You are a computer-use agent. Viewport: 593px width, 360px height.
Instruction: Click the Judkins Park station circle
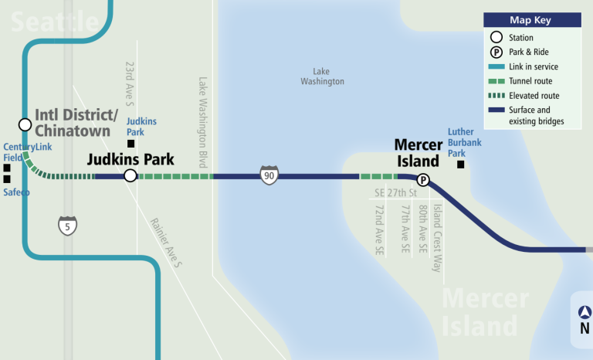(130, 176)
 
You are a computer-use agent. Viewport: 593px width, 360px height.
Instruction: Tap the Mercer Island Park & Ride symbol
(423, 181)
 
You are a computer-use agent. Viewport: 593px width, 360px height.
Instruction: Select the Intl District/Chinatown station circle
(25, 124)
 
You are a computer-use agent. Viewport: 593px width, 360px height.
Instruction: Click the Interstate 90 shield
(269, 175)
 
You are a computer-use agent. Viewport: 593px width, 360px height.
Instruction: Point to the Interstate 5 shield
(68, 226)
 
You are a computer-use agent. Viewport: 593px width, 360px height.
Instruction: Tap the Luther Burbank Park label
(461, 142)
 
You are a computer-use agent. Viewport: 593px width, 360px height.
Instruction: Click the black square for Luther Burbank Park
(460, 164)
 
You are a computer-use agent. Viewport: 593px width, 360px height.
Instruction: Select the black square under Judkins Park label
(131, 144)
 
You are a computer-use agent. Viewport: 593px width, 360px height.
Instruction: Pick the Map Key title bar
(533, 20)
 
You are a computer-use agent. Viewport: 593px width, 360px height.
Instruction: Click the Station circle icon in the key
(496, 37)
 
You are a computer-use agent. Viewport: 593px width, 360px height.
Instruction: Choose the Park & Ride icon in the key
(496, 53)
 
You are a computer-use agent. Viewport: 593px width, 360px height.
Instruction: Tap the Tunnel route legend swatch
(496, 81)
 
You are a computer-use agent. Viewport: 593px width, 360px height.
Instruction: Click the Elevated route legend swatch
(496, 96)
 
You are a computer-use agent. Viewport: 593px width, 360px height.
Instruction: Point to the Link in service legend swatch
(496, 67)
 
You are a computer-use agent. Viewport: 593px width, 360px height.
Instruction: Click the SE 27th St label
(395, 192)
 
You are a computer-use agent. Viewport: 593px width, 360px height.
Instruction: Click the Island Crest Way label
(436, 237)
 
